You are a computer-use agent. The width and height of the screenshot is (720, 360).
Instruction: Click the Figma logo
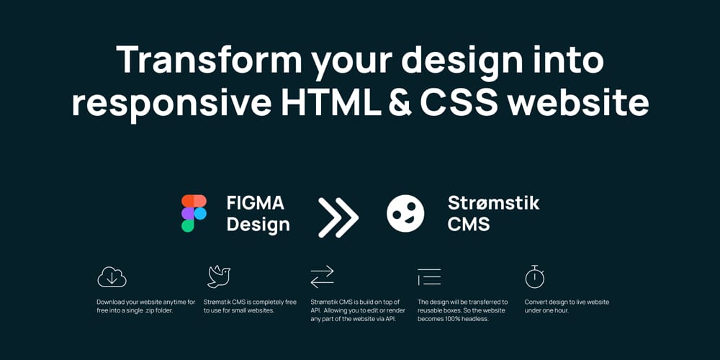click(x=194, y=213)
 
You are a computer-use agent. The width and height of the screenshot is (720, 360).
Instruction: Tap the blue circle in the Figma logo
click(x=200, y=213)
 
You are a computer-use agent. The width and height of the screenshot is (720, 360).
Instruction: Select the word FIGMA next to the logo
click(x=255, y=202)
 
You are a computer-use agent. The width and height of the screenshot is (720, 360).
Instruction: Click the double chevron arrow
click(x=338, y=214)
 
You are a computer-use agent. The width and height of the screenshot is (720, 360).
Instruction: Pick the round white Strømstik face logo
click(x=405, y=213)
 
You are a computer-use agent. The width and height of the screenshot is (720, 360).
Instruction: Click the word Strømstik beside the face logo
click(x=493, y=202)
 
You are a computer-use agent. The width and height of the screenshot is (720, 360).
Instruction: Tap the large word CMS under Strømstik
click(x=469, y=225)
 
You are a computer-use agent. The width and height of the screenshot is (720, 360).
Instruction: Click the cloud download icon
click(x=112, y=276)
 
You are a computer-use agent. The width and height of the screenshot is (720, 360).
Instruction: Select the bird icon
click(x=219, y=276)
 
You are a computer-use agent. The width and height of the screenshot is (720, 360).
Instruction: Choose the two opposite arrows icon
click(x=322, y=276)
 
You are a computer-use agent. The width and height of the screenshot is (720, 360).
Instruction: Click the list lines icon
click(x=429, y=276)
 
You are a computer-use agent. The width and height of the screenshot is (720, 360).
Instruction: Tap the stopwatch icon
click(x=534, y=276)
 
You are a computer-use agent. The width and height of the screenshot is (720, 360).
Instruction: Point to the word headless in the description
click(x=473, y=319)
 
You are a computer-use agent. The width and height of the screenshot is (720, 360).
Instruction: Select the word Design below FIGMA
click(x=258, y=225)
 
